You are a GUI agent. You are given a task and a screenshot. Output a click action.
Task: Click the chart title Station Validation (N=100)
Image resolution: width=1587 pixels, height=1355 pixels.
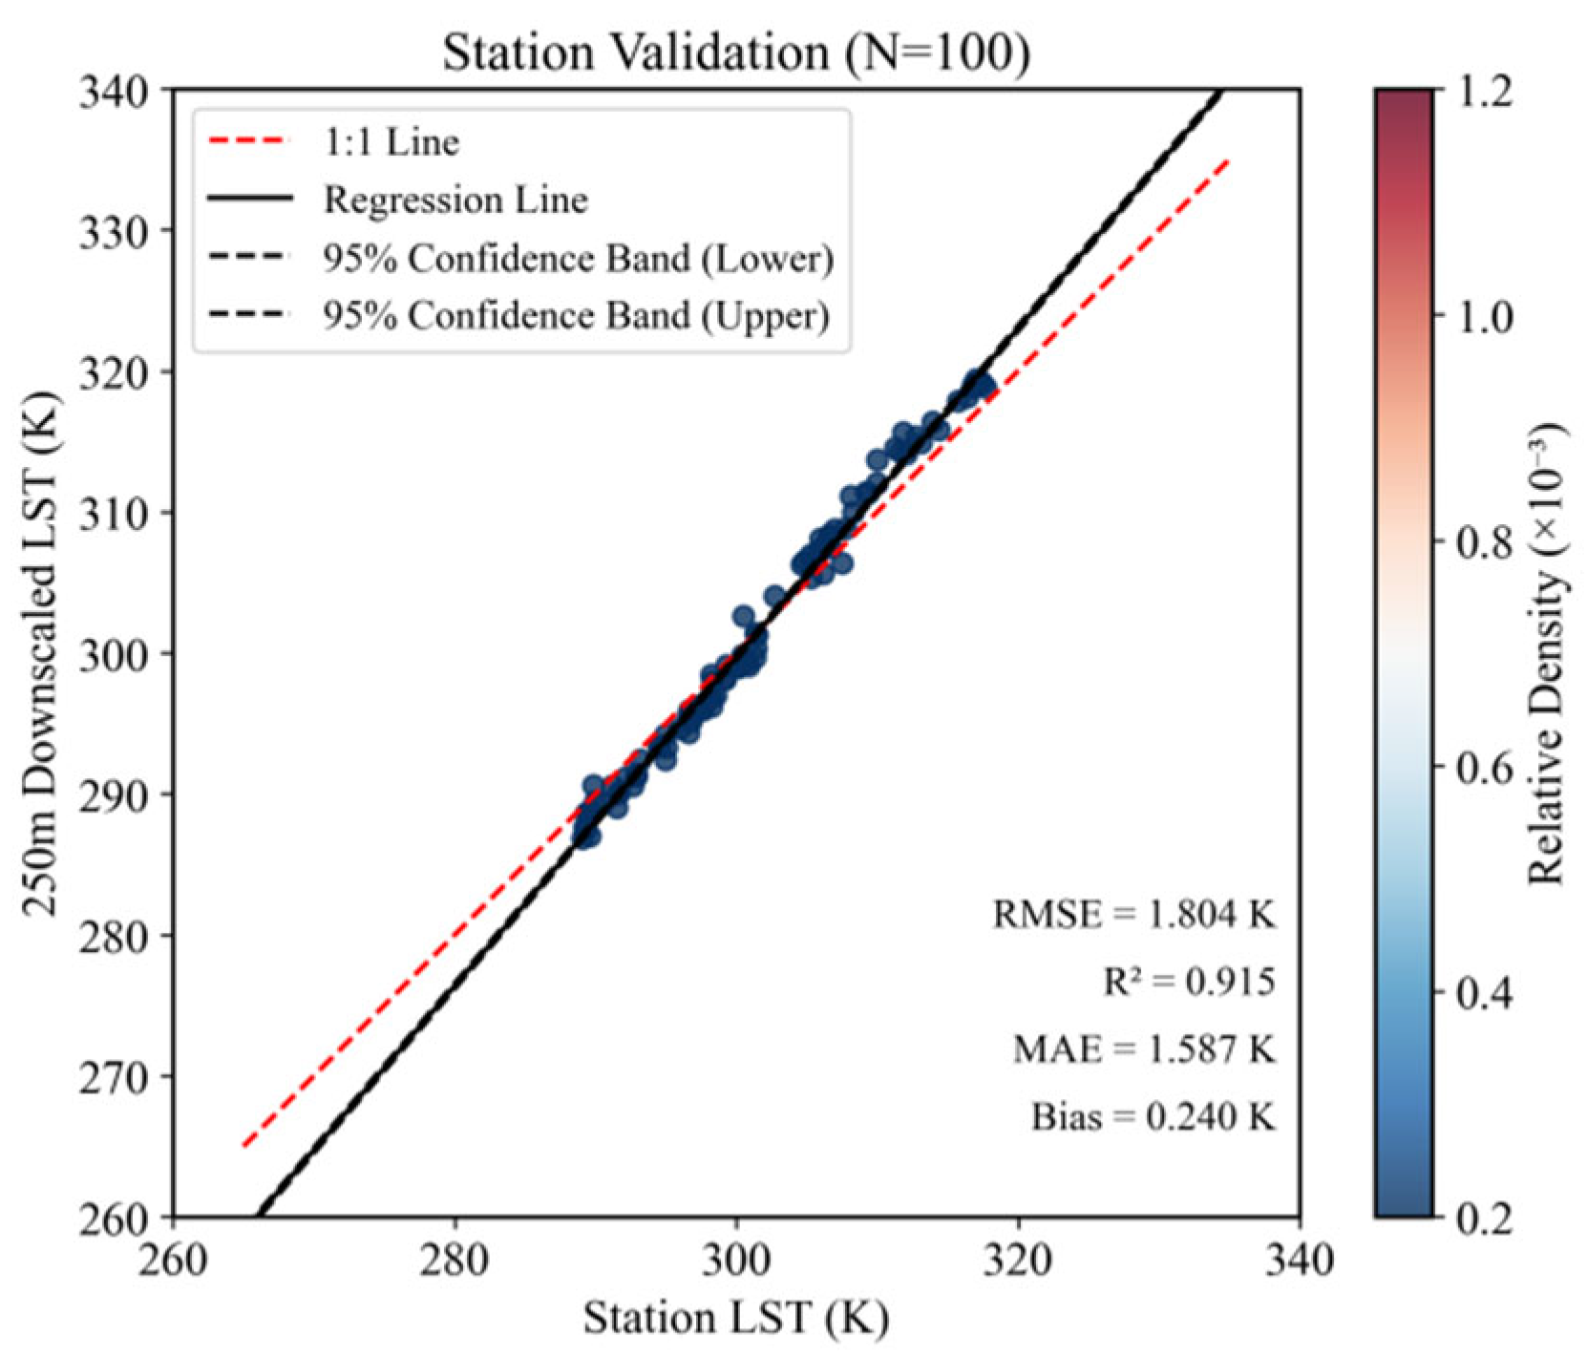coord(735,53)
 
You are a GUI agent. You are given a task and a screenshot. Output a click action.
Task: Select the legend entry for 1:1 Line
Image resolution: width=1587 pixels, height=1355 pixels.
coord(391,143)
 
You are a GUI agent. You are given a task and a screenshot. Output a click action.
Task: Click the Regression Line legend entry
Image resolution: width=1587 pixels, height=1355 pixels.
coord(455,201)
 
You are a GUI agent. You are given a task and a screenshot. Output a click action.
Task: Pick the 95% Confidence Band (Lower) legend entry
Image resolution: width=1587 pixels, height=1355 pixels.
coord(577,259)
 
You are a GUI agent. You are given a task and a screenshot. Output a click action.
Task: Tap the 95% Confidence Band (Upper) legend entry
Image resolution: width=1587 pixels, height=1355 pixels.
coord(575,316)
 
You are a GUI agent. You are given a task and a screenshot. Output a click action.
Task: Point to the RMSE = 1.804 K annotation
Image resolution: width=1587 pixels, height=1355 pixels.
coord(1133,915)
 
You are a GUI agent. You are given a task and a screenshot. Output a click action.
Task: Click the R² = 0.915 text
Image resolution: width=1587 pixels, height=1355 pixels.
coord(1189,982)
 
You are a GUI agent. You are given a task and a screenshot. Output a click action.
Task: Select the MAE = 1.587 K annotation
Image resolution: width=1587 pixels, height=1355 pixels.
coord(1144,1049)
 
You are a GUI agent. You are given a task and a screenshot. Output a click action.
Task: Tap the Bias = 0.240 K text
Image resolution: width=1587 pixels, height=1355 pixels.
coord(1153,1116)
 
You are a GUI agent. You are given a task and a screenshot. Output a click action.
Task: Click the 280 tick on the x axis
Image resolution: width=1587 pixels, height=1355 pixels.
coord(454,1260)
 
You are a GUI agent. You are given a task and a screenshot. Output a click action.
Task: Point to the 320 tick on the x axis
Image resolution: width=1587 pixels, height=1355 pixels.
coord(1018,1260)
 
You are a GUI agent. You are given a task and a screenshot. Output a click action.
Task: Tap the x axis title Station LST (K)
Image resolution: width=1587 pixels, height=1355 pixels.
coord(735,1320)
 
